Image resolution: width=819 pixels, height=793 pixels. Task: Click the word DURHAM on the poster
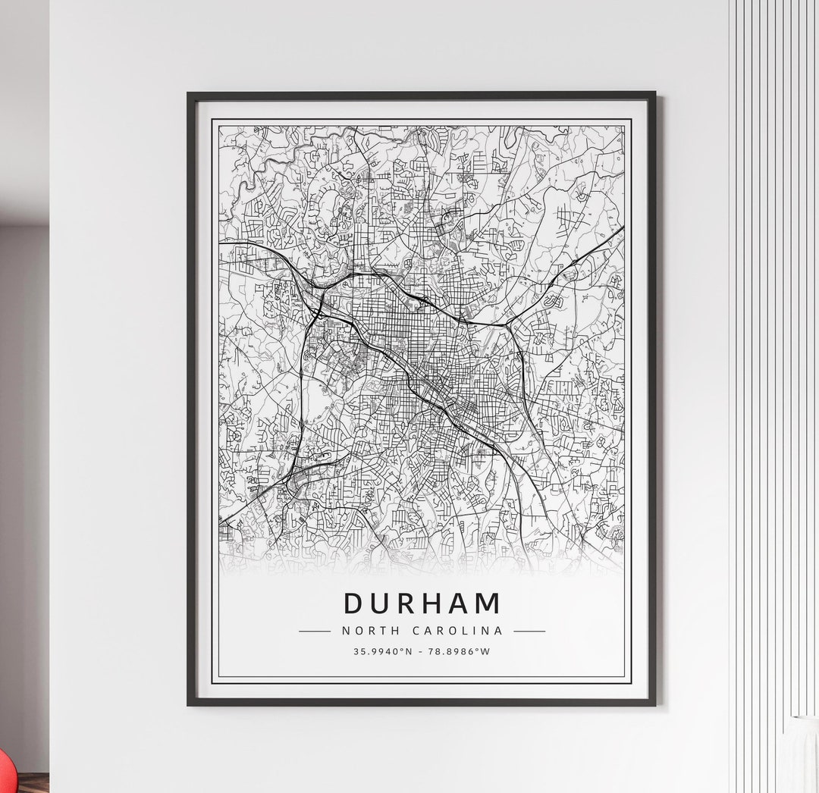click(x=422, y=603)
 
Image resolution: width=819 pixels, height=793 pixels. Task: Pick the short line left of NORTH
click(x=315, y=631)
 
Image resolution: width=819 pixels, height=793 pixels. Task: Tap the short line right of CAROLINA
click(x=529, y=631)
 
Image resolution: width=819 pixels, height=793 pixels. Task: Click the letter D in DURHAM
click(x=354, y=603)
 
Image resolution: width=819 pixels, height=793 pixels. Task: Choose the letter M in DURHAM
click(x=488, y=603)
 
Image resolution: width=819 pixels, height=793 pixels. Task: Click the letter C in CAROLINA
click(x=417, y=631)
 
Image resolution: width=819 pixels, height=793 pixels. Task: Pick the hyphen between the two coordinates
click(x=422, y=651)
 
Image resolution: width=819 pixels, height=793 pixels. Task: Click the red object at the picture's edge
click(x=5, y=773)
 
